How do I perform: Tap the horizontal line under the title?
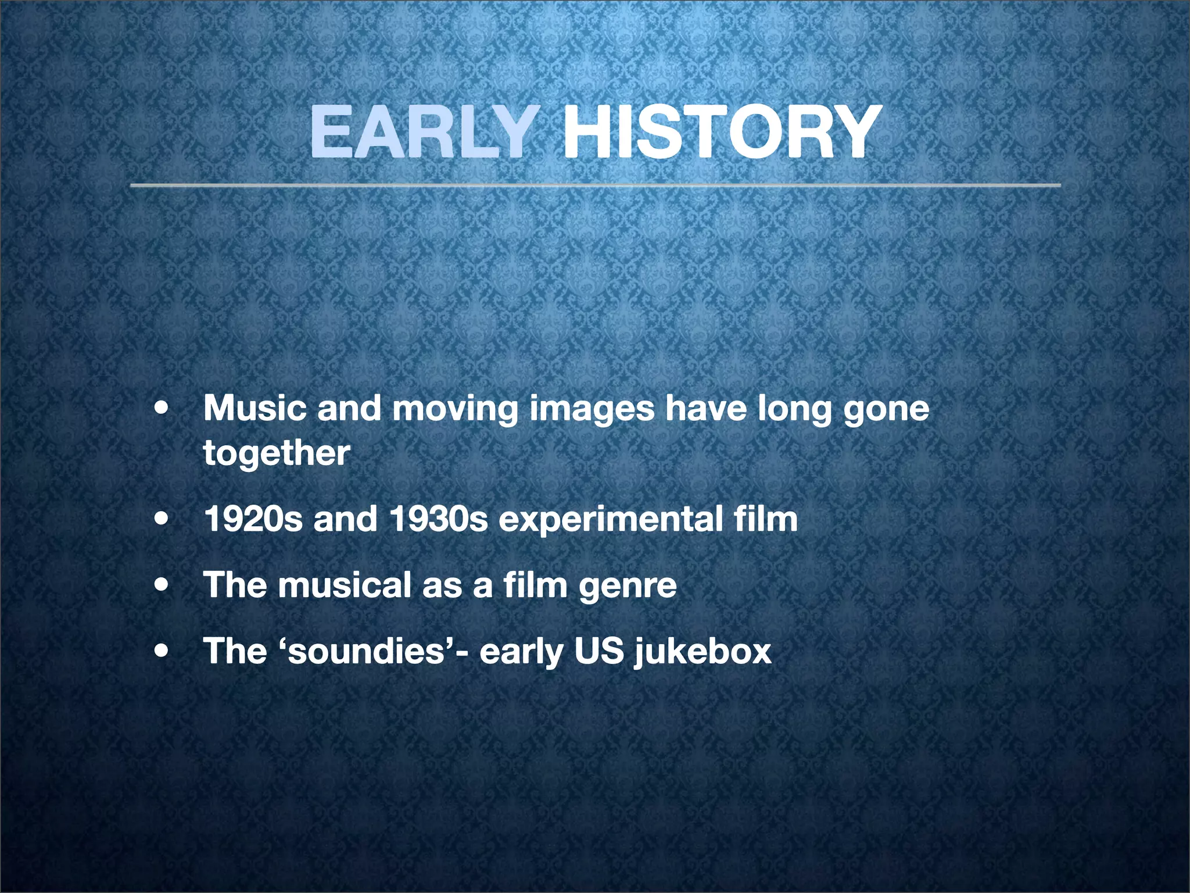(595, 185)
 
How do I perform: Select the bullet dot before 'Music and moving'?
(162, 409)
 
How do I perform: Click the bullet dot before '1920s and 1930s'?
(162, 519)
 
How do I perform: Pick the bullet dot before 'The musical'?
(162, 585)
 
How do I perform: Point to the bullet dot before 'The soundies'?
(162, 651)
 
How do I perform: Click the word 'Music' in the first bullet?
(255, 408)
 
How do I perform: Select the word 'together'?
(277, 453)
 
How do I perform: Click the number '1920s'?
(253, 519)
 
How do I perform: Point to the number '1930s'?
(439, 519)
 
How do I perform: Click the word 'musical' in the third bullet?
(345, 585)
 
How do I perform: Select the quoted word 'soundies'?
(366, 651)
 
